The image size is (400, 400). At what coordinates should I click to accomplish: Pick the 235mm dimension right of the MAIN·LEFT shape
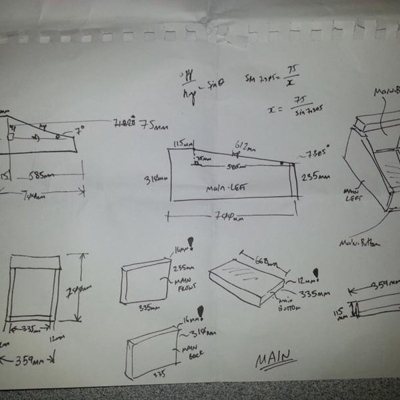tap(313, 178)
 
